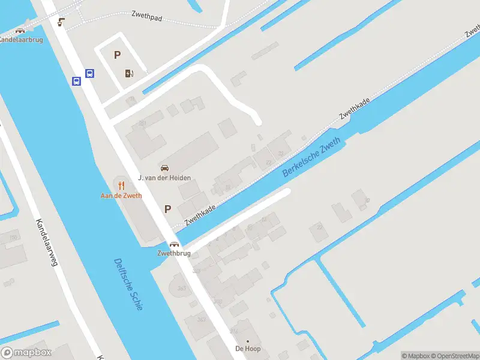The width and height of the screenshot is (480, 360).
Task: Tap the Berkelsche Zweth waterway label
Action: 311,157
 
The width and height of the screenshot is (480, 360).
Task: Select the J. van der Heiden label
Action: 164,178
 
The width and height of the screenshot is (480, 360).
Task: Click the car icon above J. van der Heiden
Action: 164,167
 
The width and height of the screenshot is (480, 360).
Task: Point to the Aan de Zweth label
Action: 121,196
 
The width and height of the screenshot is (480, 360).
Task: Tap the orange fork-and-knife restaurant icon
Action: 121,185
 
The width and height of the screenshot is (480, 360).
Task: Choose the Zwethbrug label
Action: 174,254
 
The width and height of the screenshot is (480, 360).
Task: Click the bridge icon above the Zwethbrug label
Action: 174,244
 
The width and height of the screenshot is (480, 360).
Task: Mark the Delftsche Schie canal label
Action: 128,284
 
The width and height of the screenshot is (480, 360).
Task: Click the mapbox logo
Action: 26,353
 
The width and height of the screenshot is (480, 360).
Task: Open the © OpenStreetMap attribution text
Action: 454,356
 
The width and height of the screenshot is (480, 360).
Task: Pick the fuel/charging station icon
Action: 129,74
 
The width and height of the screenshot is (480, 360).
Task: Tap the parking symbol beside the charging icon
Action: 118,55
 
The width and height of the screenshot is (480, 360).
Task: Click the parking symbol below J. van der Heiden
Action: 168,209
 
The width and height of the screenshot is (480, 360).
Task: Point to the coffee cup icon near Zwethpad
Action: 61,22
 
